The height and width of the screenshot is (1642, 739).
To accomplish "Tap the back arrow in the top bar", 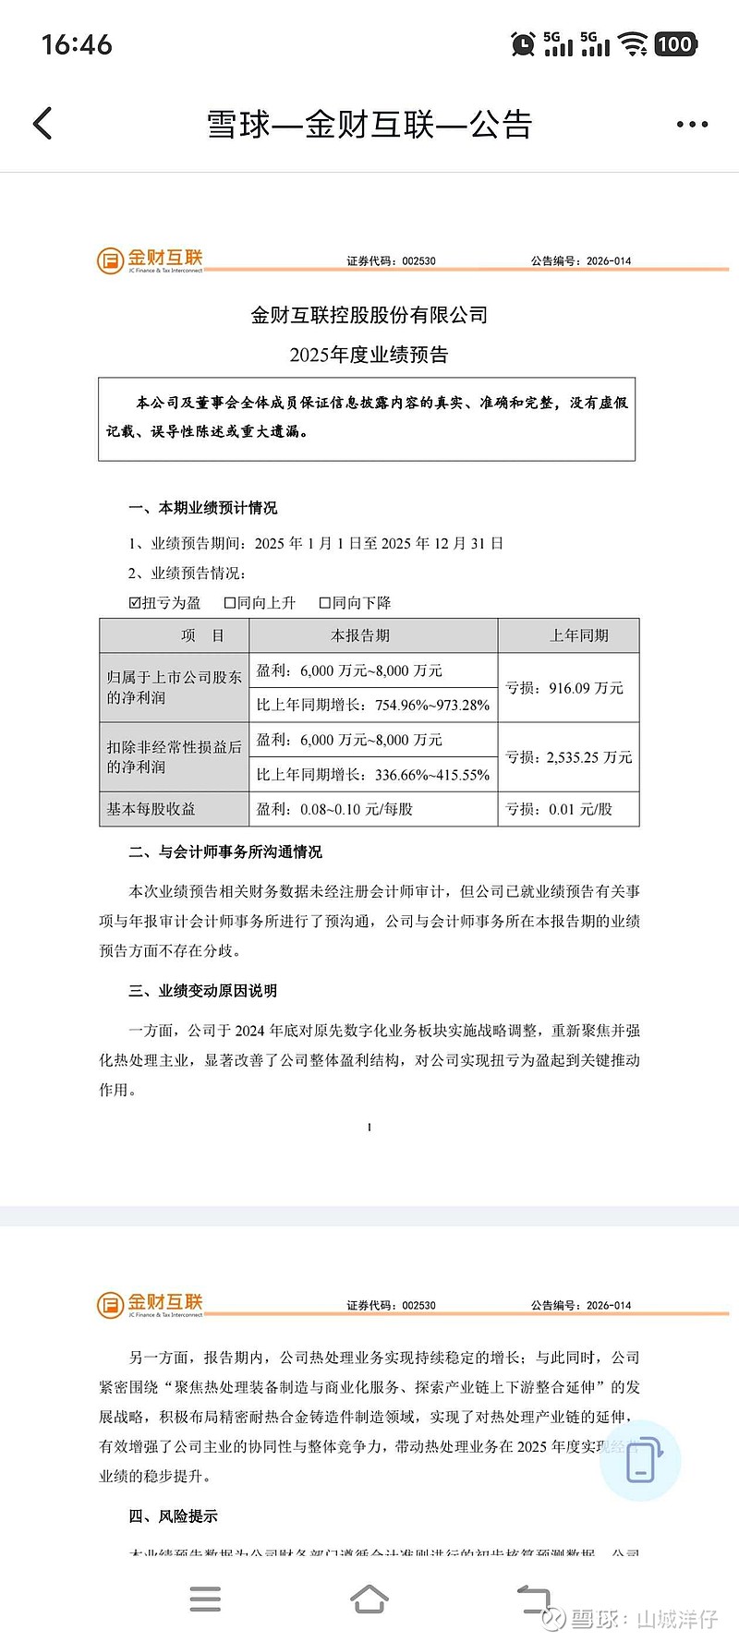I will pos(42,124).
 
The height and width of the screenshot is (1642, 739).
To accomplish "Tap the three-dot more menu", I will pos(692,125).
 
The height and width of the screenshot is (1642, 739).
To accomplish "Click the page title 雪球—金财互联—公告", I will pos(369,125).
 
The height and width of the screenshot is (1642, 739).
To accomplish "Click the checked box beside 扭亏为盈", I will pos(135,603).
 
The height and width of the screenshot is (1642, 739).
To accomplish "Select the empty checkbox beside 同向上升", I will pos(230,603).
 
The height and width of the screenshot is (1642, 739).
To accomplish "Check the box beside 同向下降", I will pos(325,603).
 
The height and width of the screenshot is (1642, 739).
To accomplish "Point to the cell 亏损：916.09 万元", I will pos(564,688).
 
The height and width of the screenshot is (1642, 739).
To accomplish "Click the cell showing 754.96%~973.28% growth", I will pos(373,706).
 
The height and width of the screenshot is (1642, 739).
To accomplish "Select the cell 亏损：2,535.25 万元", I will pos(568,757).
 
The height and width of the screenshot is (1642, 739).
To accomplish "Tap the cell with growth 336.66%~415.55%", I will pos(373,775).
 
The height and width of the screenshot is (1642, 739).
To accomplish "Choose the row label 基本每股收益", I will pos(151,809).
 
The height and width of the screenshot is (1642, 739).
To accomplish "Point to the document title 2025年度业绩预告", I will pos(369,355).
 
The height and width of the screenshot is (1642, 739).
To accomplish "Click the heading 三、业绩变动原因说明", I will pos(202,991).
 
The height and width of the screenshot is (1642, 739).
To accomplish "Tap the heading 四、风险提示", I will pos(174,1516).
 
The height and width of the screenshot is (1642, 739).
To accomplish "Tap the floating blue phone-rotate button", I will pos(640,1460).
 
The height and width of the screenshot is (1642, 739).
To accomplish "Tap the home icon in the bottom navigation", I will pos(369,1598).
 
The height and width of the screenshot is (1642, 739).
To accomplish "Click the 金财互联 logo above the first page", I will pos(151,260).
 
